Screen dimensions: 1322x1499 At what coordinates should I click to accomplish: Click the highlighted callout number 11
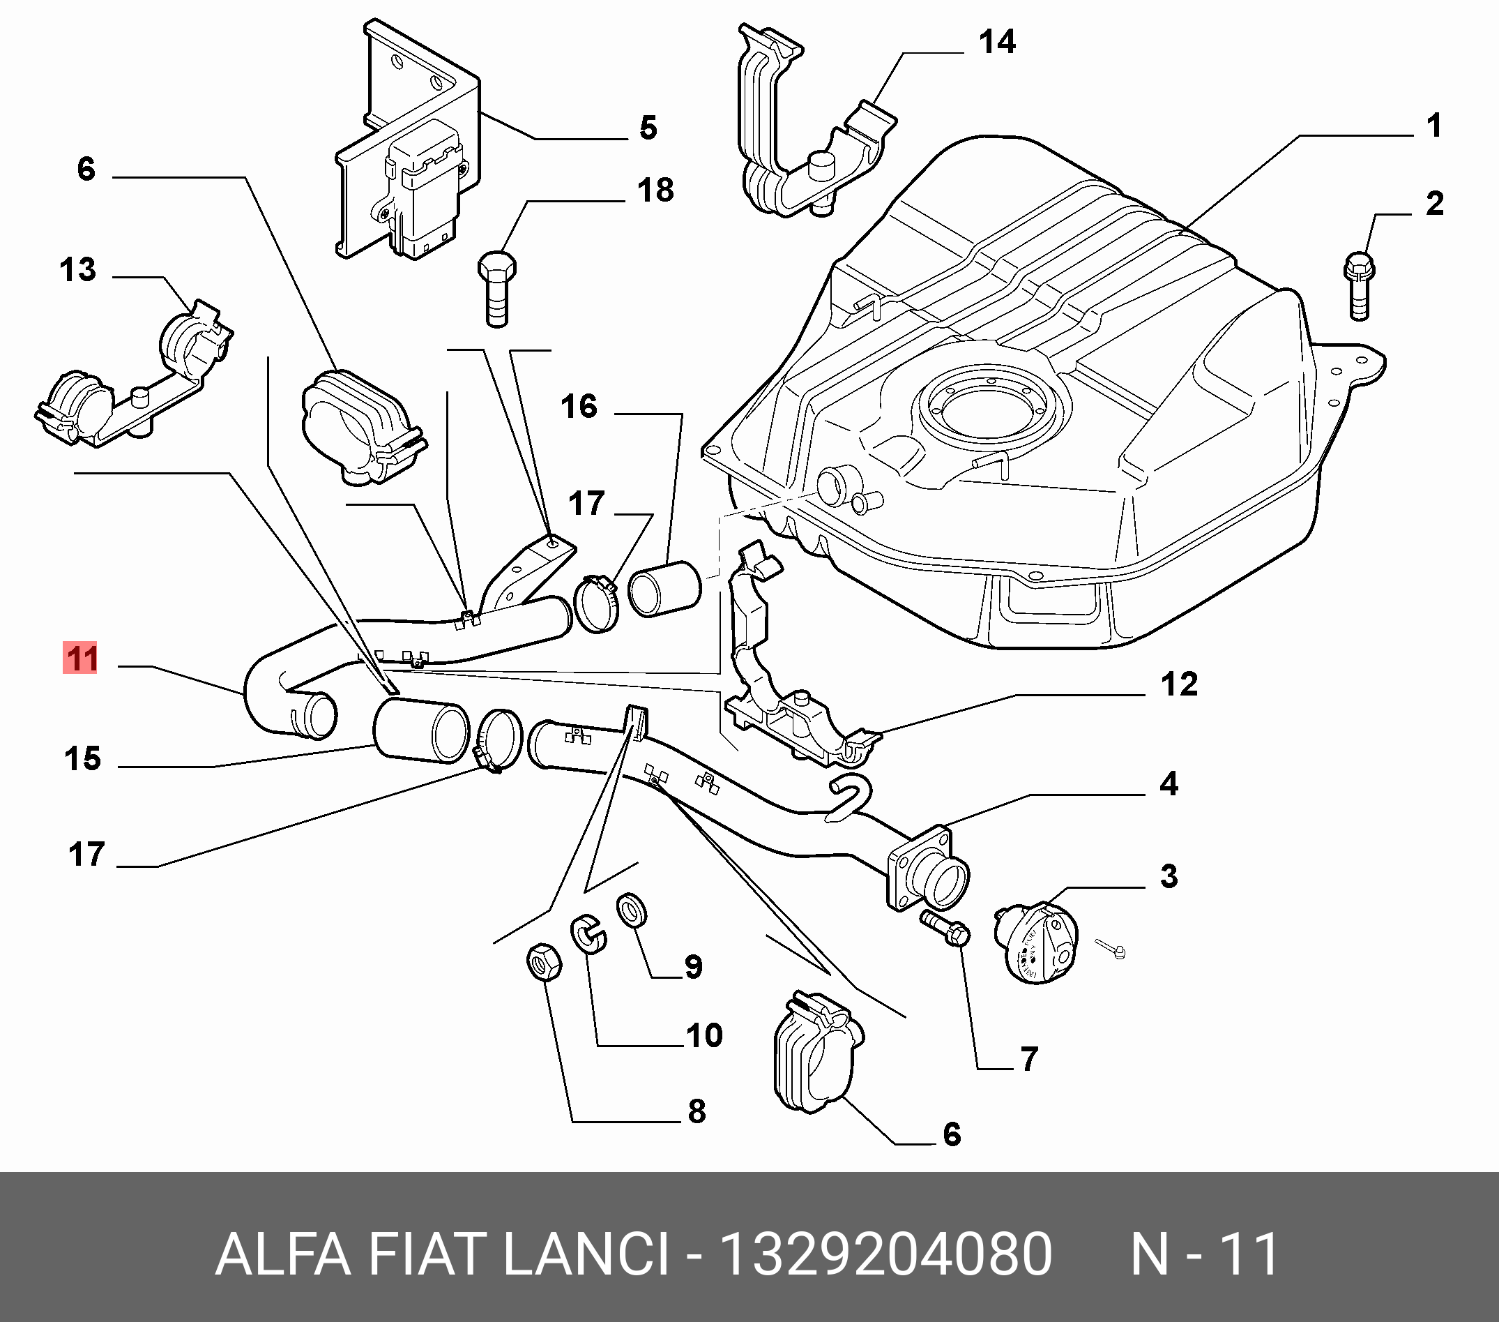80,658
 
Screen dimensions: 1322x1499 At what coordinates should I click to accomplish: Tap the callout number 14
998,42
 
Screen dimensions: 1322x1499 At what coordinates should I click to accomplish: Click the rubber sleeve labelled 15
421,730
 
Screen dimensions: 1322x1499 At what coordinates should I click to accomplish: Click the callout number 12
1179,684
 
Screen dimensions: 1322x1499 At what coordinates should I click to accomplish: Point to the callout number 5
648,128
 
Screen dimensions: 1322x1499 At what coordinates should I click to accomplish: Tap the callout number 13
77,270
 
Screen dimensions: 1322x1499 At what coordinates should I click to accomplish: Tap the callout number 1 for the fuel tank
1434,126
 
